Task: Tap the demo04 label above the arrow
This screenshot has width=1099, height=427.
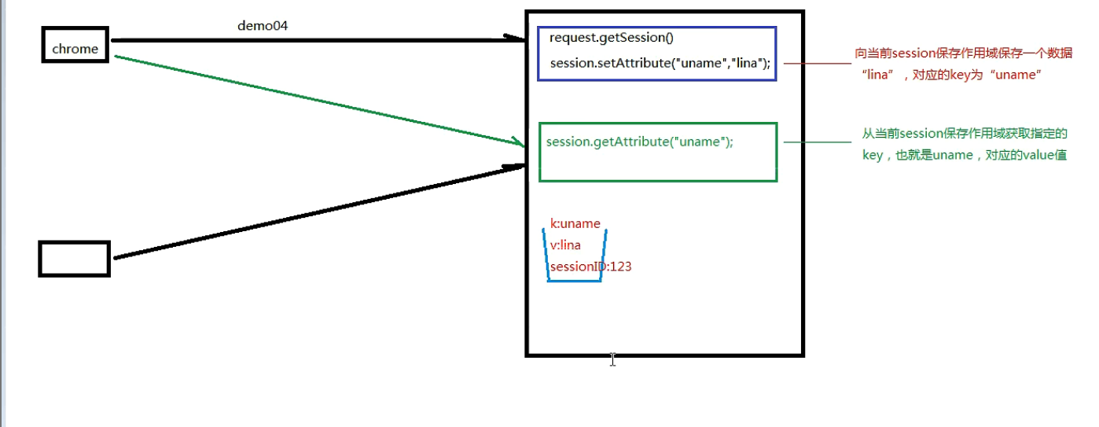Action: point(263,25)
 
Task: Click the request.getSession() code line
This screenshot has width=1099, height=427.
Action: point(612,38)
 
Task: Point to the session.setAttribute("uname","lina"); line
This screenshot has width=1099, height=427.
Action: point(660,64)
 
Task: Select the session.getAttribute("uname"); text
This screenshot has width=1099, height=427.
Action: point(640,142)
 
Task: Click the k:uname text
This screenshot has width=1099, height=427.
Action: point(575,224)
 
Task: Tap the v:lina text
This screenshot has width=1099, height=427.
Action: point(565,245)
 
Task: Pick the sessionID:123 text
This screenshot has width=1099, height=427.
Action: point(590,267)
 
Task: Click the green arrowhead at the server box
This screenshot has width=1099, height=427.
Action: point(519,142)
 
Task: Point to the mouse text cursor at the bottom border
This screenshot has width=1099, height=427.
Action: point(613,359)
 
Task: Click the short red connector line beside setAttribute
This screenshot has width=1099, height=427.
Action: point(818,64)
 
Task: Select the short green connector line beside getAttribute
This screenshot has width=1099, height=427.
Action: point(818,142)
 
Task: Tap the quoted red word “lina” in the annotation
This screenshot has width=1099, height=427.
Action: point(878,75)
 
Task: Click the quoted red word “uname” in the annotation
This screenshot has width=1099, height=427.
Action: point(1016,75)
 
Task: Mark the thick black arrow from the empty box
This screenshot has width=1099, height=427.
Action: point(319,212)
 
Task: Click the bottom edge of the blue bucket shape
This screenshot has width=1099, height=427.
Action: point(575,281)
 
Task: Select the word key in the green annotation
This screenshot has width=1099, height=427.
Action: point(873,156)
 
